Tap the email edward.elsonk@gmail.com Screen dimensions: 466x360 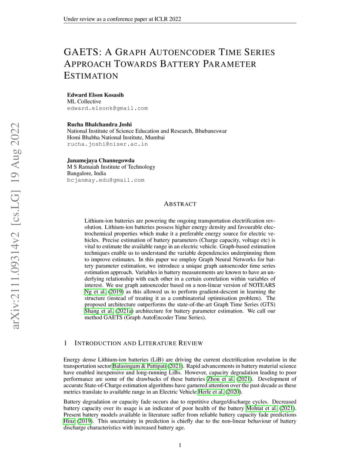(x=107, y=108)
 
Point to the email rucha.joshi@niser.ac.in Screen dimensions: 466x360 (x=107, y=144)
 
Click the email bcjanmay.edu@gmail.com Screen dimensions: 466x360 (x=106, y=180)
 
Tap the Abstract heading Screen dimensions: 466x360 (x=180, y=204)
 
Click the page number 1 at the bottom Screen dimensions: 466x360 (x=180, y=445)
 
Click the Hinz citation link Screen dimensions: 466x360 (x=69, y=421)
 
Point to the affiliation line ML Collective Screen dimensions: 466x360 (x=84, y=102)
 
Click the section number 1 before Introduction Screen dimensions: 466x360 (x=65, y=343)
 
